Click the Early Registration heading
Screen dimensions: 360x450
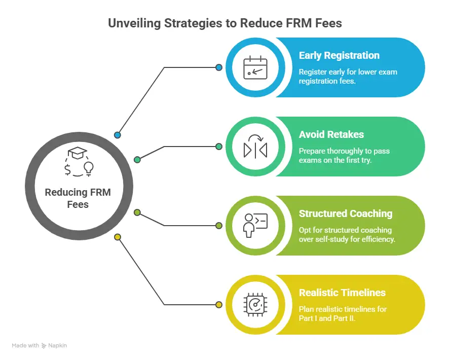339,56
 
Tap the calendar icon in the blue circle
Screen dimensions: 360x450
255,67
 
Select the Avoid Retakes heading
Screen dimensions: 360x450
331,135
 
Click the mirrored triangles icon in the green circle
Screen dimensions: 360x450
255,147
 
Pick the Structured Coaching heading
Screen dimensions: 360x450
346,213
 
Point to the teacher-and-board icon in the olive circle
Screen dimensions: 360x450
255,225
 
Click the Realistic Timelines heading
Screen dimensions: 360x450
342,293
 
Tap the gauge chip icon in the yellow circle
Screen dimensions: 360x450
255,304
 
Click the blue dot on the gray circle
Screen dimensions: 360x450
118,135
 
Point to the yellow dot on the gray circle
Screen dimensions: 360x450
118,237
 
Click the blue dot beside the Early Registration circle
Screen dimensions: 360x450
219,67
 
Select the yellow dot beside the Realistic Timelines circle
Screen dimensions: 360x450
219,305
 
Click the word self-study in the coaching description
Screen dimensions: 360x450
331,239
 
